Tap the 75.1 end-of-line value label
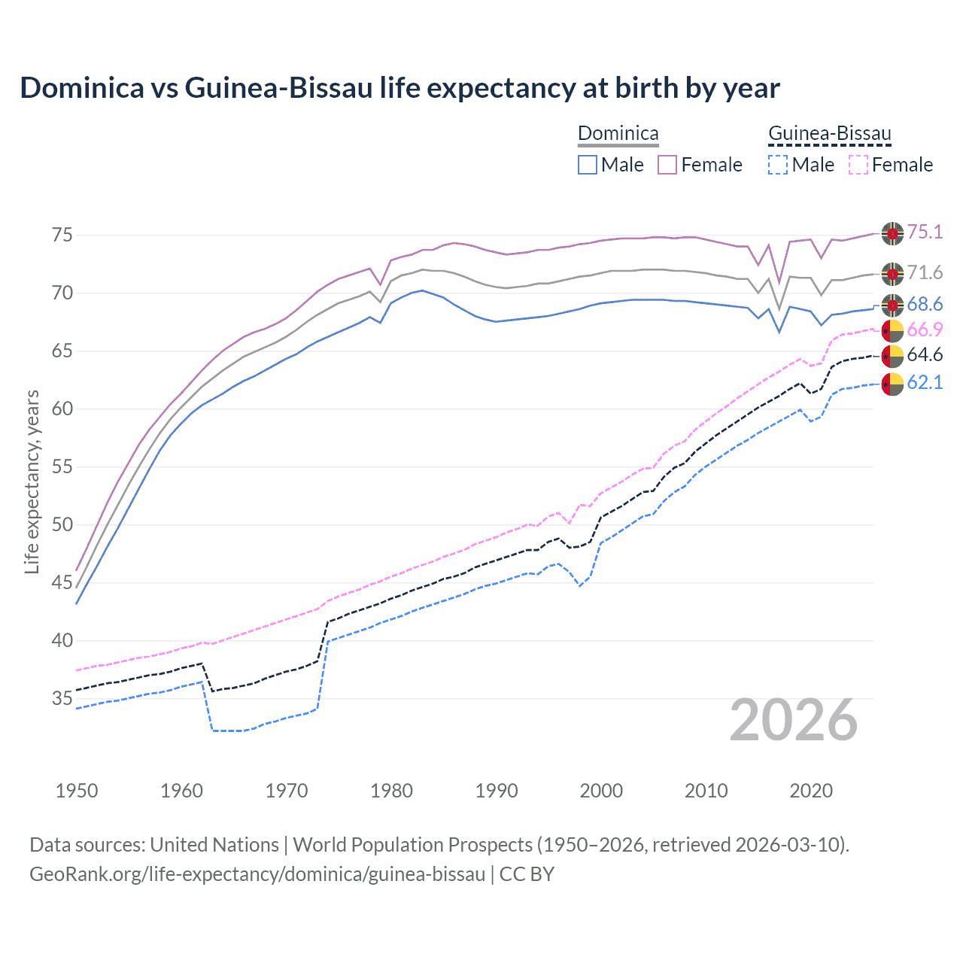pyautogui.click(x=925, y=232)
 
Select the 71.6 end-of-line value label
pyautogui.click(x=925, y=272)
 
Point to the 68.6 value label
pyautogui.click(x=925, y=304)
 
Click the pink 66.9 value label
pyautogui.click(x=925, y=330)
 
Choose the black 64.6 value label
pyautogui.click(x=925, y=354)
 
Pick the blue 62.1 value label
pyautogui.click(x=925, y=382)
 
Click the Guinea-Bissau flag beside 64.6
pyautogui.click(x=892, y=356)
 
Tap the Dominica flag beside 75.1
pyautogui.click(x=892, y=233)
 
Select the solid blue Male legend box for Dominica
pyautogui.click(x=588, y=165)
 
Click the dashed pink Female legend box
pyautogui.click(x=858, y=165)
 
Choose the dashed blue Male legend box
pyautogui.click(x=778, y=165)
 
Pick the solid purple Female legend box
pyautogui.click(x=667, y=165)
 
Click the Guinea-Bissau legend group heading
pyautogui.click(x=829, y=134)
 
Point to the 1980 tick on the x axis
pyautogui.click(x=391, y=791)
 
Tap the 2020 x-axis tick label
pyautogui.click(x=811, y=791)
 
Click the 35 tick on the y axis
pyautogui.click(x=62, y=699)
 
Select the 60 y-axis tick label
pyautogui.click(x=62, y=409)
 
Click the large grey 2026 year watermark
pyautogui.click(x=794, y=721)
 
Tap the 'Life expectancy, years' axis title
pyautogui.click(x=32, y=481)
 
